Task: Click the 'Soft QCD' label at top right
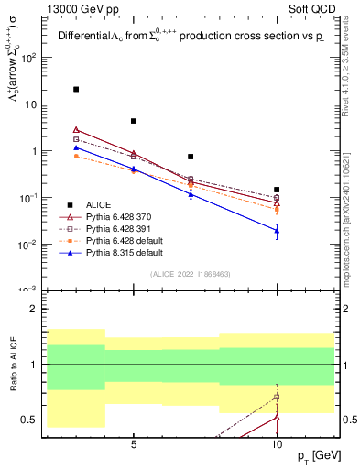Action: [311, 8]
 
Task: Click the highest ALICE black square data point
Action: [76, 90]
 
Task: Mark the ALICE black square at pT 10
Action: [277, 190]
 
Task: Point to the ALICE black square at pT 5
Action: [134, 121]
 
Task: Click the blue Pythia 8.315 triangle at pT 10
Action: [277, 231]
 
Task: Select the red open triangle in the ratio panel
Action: [277, 417]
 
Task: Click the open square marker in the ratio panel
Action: [277, 397]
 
